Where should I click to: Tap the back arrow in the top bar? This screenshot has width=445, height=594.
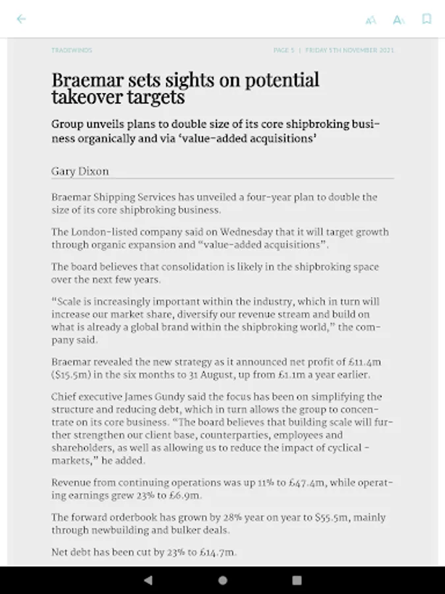point(21,18)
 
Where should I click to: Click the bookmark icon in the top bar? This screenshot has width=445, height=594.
point(427,19)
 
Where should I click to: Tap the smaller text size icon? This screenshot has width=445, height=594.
point(371,20)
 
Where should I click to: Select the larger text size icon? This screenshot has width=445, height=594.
point(398,20)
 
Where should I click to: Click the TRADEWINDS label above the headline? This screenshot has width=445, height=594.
point(72,50)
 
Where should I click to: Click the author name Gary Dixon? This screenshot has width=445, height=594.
point(80,171)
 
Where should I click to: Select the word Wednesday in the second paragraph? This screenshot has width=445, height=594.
point(235,232)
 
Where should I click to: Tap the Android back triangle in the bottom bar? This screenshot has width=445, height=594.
point(148,580)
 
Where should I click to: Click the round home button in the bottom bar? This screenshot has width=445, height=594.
point(223,580)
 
